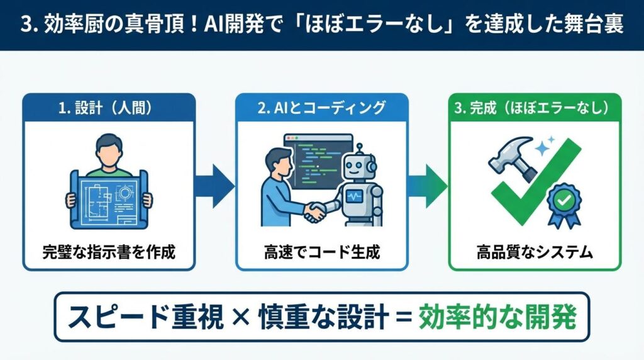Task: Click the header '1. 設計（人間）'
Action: click(x=109, y=107)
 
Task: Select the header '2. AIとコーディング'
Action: click(x=322, y=107)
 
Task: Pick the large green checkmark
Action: click(x=535, y=183)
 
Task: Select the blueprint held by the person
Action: click(x=109, y=196)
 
